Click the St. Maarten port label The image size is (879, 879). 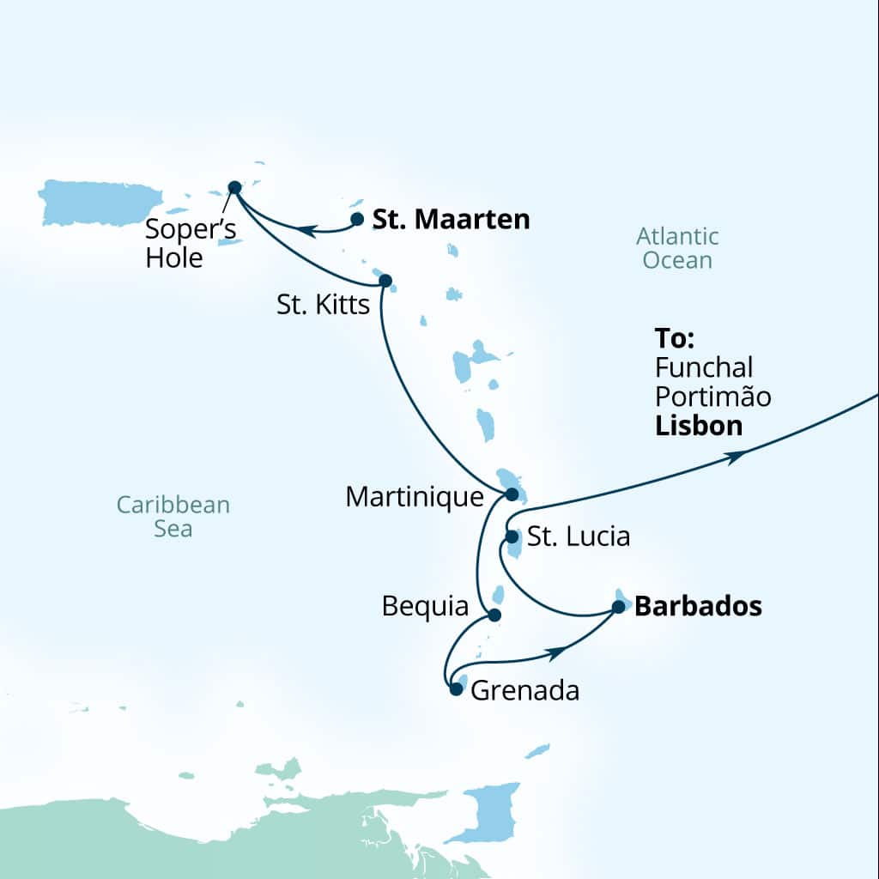pyautogui.click(x=451, y=220)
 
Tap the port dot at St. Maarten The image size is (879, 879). pyautogui.click(x=357, y=219)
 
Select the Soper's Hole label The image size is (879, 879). pyautogui.click(x=190, y=243)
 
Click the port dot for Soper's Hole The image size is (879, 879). pyautogui.click(x=233, y=187)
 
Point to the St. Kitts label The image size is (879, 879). pyautogui.click(x=324, y=305)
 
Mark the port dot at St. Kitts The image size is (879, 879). pyautogui.click(x=385, y=280)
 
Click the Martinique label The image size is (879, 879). pyautogui.click(x=415, y=496)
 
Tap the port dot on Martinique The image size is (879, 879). pyautogui.click(x=512, y=494)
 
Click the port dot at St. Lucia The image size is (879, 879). pyautogui.click(x=512, y=536)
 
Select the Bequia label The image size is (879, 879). pyautogui.click(x=426, y=608)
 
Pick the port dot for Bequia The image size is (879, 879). pyautogui.click(x=494, y=615)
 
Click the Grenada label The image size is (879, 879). pyautogui.click(x=525, y=690)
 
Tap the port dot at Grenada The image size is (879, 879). pyautogui.click(x=456, y=688)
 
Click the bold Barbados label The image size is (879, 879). pyautogui.click(x=698, y=607)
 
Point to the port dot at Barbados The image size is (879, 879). pyautogui.click(x=618, y=607)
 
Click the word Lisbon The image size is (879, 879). pyautogui.click(x=699, y=426)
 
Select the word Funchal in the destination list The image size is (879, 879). pyautogui.click(x=704, y=367)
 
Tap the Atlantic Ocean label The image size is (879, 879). pyautogui.click(x=677, y=247)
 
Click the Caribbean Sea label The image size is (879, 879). pyautogui.click(x=173, y=516)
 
